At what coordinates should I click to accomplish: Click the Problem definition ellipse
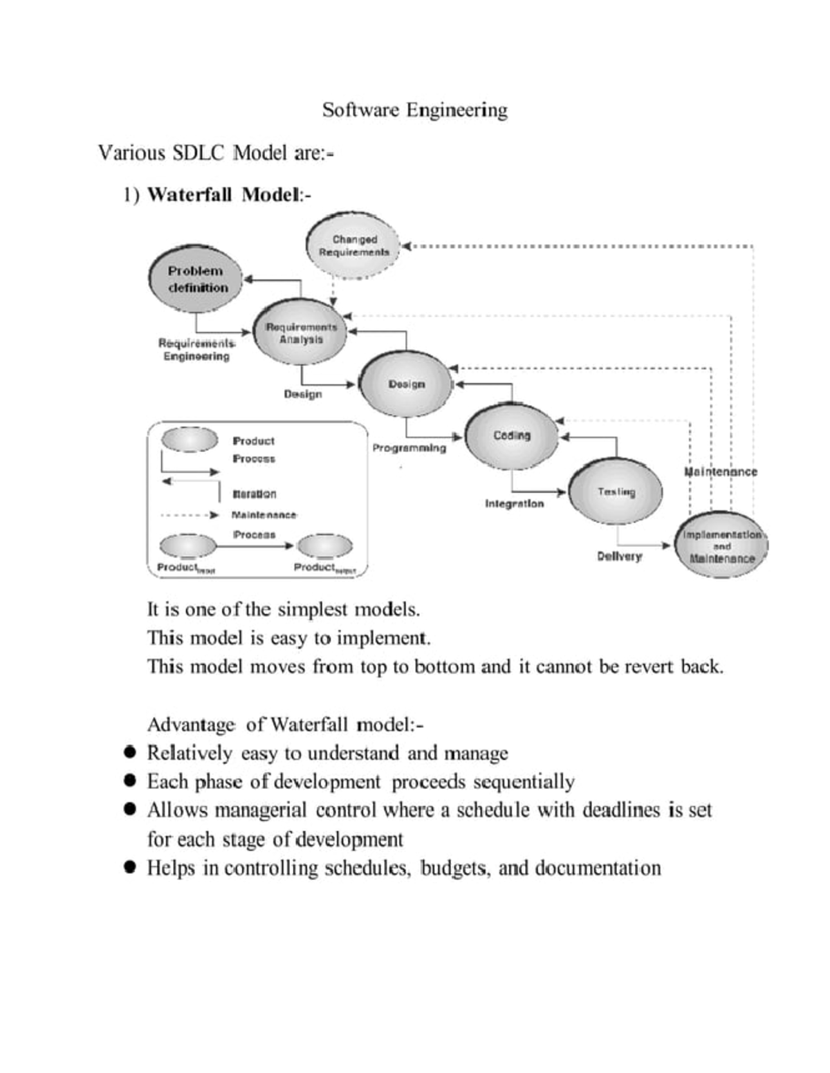click(x=196, y=279)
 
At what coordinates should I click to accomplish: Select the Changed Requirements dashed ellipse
click(x=353, y=246)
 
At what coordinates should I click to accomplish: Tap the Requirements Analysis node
click(x=301, y=333)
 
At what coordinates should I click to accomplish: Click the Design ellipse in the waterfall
click(x=406, y=384)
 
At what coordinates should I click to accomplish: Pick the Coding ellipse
click(x=511, y=436)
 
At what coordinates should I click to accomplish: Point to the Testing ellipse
click(x=616, y=492)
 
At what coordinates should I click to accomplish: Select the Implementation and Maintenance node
click(x=721, y=546)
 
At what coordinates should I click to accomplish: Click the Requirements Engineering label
click(x=196, y=349)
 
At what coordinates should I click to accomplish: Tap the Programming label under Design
click(x=409, y=448)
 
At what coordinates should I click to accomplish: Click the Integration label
click(x=514, y=503)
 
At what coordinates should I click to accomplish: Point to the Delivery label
click(x=619, y=556)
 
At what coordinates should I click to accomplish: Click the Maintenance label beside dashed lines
click(x=721, y=472)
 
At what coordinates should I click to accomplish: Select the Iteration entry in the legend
click(x=254, y=494)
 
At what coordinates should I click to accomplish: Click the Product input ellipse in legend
click(x=188, y=545)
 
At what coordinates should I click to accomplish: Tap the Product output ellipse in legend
click(x=324, y=545)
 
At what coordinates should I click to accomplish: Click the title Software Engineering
click(x=414, y=110)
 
